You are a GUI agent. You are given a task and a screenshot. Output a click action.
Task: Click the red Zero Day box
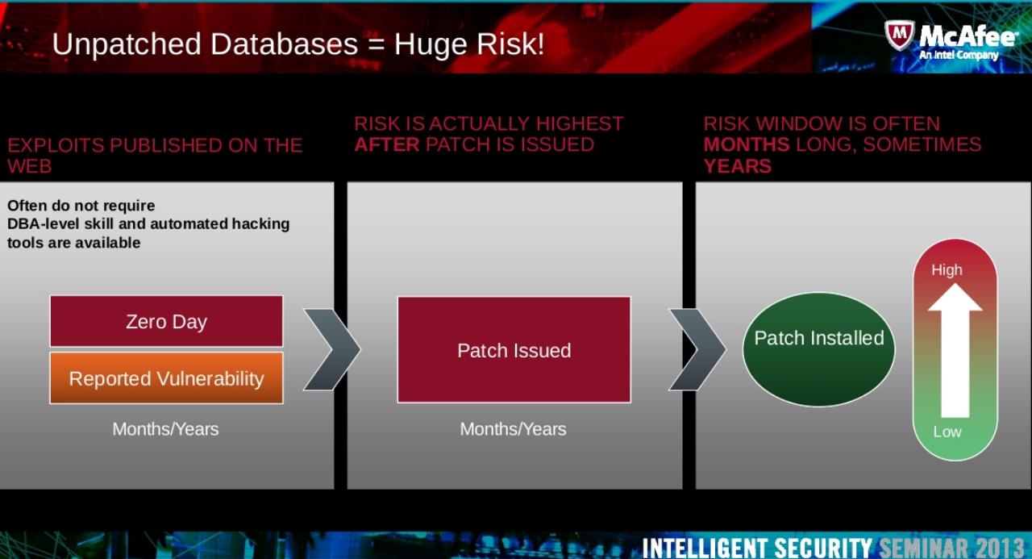pos(166,321)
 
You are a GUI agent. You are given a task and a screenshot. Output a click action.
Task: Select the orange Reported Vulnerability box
pos(166,378)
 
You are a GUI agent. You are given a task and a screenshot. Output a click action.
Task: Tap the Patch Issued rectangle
pos(514,350)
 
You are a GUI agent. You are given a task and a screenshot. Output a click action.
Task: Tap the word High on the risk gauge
pos(947,270)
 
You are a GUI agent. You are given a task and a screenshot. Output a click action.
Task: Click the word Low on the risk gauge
pos(947,432)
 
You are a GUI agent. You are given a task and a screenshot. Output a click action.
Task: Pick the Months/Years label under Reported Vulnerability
pos(165,429)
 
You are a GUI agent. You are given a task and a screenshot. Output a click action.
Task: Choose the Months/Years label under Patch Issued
pos(513,429)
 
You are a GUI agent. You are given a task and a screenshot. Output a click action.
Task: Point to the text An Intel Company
pos(959,56)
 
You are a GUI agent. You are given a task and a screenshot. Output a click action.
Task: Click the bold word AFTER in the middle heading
pos(387,145)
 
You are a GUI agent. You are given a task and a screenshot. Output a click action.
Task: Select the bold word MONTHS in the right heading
pos(746,145)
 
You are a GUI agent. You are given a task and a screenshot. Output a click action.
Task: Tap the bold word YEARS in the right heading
pos(737,166)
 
